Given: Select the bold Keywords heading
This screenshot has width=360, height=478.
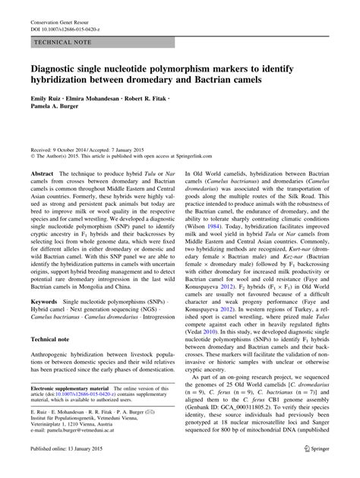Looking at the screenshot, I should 45,302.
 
